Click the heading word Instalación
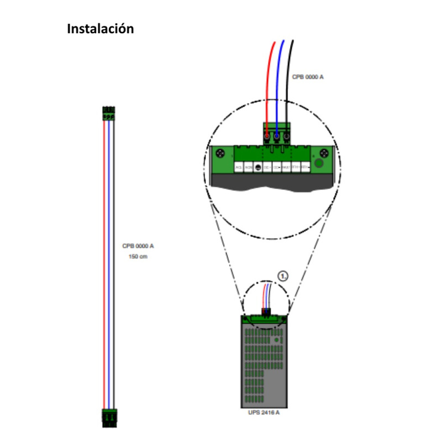click(x=100, y=29)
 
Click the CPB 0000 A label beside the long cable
click(x=138, y=246)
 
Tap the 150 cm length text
click(x=138, y=257)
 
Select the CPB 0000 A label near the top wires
click(x=308, y=77)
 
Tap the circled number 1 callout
click(x=283, y=276)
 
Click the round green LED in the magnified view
click(x=318, y=164)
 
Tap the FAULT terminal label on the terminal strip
click(x=286, y=166)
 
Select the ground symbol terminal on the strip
click(x=257, y=166)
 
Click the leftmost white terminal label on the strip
click(x=239, y=166)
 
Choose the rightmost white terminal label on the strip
click(x=304, y=166)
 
